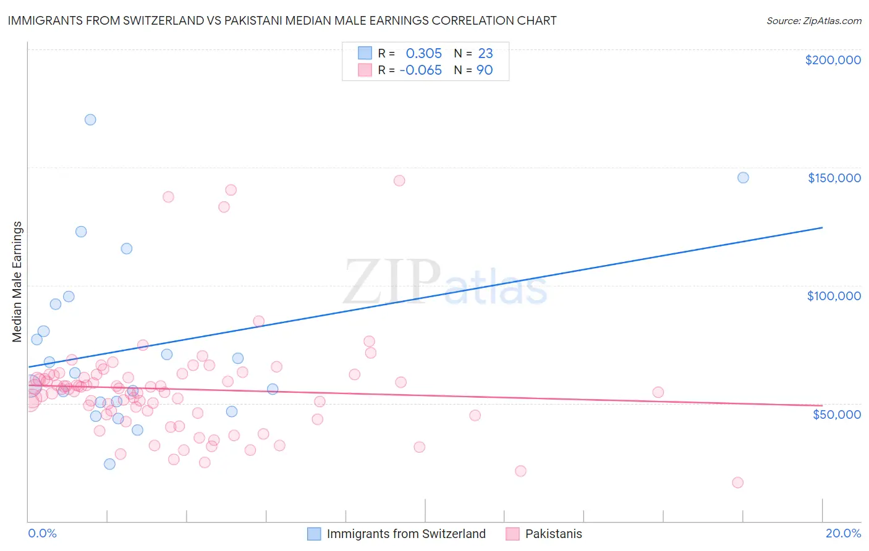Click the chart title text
click(282, 20)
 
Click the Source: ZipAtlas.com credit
click(813, 20)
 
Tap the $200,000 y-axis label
click(833, 60)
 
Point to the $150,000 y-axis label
click(834, 178)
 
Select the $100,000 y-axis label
click(834, 296)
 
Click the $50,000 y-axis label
click(836, 414)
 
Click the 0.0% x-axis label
click(42, 533)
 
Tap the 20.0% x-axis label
click(843, 533)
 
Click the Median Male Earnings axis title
click(17, 282)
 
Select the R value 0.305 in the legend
click(423, 54)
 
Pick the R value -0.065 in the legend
click(420, 70)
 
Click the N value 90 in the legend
click(485, 70)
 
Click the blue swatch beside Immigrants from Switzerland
click(314, 534)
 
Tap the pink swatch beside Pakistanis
click(512, 534)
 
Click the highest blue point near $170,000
click(90, 120)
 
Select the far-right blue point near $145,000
click(743, 178)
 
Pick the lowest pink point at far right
click(737, 482)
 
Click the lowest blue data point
click(109, 464)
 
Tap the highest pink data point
click(399, 180)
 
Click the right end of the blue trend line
click(822, 228)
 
